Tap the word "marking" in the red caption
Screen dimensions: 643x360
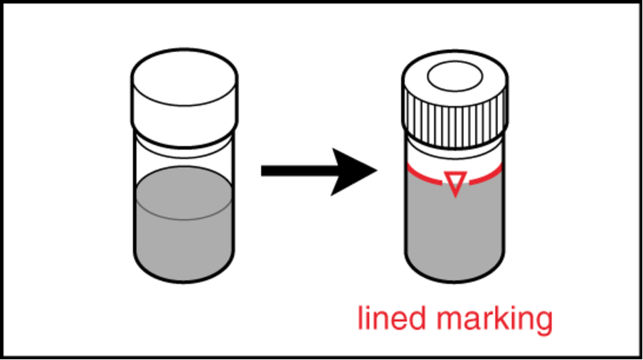494,321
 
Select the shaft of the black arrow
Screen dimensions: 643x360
299,171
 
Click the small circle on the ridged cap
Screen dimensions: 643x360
455,76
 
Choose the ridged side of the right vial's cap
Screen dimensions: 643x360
455,119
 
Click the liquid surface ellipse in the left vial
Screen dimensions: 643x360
184,193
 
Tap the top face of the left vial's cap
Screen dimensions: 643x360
184,77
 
